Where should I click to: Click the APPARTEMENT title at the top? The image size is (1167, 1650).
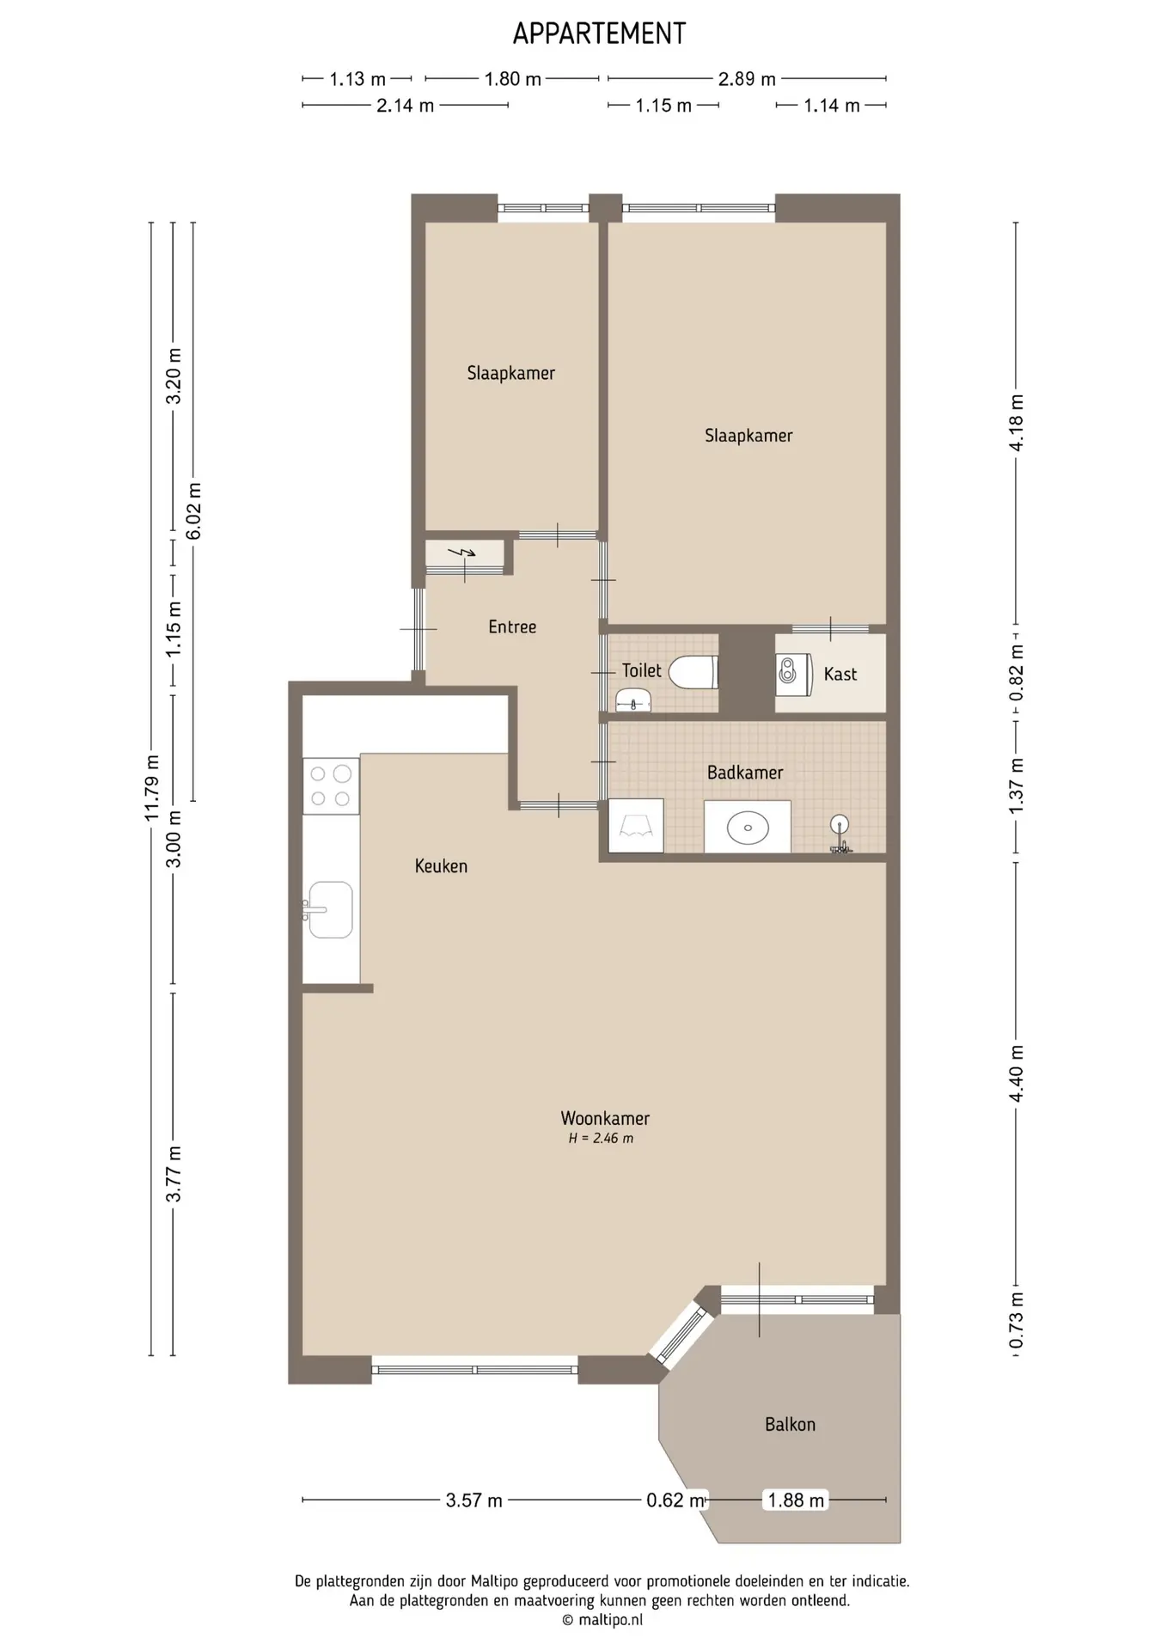(x=599, y=34)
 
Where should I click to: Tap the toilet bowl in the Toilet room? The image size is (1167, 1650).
(x=692, y=673)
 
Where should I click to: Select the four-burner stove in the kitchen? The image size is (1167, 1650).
(x=331, y=785)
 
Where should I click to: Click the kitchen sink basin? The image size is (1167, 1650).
(x=331, y=909)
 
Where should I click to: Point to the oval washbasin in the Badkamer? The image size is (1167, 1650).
(x=747, y=828)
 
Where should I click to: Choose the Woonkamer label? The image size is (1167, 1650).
(x=605, y=1118)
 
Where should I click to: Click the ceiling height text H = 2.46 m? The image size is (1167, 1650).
(x=601, y=1139)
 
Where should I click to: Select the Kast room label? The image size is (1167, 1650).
(x=840, y=674)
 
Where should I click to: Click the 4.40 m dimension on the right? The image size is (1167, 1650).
(x=1016, y=1074)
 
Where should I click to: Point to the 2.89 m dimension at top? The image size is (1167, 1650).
(x=747, y=79)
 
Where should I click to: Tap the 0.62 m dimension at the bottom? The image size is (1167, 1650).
(x=675, y=1500)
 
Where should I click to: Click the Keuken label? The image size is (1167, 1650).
(x=441, y=865)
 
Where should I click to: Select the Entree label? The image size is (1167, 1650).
(x=512, y=626)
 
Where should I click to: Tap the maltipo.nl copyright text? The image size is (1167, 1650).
(x=602, y=1620)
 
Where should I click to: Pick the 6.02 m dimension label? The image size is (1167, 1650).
(x=194, y=510)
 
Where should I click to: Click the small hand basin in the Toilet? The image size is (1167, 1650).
(x=633, y=701)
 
